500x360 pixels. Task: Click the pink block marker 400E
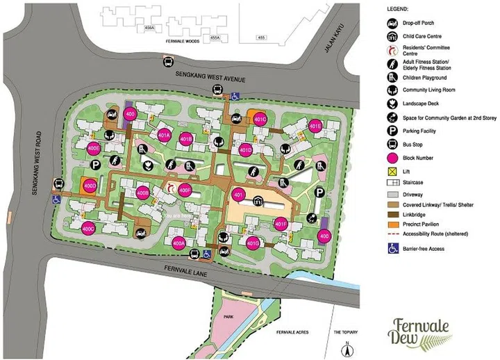(x=94, y=147)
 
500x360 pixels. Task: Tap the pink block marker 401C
(x=260, y=120)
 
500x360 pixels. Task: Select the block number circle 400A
(x=178, y=243)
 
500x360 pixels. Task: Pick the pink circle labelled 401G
(x=253, y=243)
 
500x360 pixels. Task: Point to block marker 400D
(x=90, y=186)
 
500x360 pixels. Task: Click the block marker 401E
(x=315, y=126)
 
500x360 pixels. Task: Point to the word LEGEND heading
(x=399, y=8)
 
